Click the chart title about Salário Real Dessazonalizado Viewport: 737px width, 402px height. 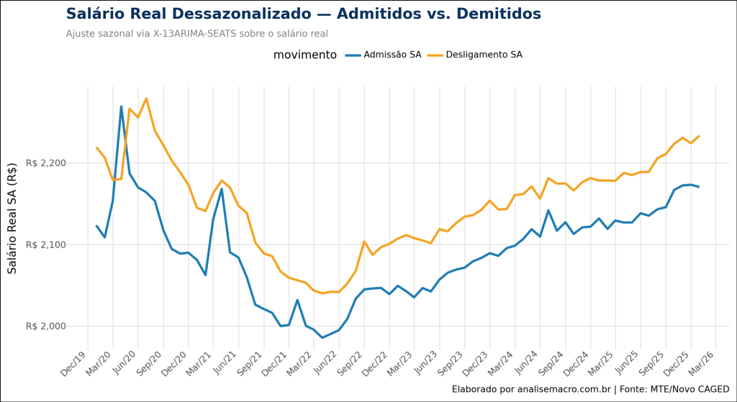303,14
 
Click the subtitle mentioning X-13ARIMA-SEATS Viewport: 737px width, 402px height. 196,34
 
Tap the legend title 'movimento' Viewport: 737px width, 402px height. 304,55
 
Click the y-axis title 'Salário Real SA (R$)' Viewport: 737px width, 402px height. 12,217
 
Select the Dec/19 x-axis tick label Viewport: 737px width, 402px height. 74,362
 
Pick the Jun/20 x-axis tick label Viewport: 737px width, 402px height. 123,362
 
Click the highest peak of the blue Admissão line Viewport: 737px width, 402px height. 121,106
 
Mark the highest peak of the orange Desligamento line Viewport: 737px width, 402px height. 146,99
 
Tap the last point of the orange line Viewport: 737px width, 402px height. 699,136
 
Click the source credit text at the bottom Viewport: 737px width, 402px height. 590,389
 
